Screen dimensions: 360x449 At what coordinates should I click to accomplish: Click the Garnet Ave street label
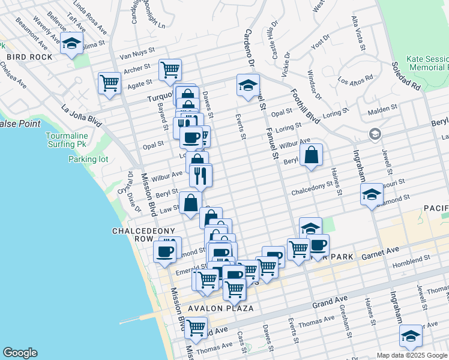coord(380,252)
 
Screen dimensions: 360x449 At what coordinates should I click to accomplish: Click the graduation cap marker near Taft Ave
coord(72,44)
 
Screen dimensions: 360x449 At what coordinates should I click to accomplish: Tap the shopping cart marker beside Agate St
coord(110,83)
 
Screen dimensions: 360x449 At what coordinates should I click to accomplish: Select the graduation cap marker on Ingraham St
coord(372,194)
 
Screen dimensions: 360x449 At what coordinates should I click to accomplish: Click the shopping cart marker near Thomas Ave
coord(196,328)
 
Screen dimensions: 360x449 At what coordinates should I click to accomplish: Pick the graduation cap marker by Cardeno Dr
coord(247,85)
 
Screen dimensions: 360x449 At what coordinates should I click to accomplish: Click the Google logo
coord(20,353)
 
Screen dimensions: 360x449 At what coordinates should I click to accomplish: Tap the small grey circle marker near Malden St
coord(375,133)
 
